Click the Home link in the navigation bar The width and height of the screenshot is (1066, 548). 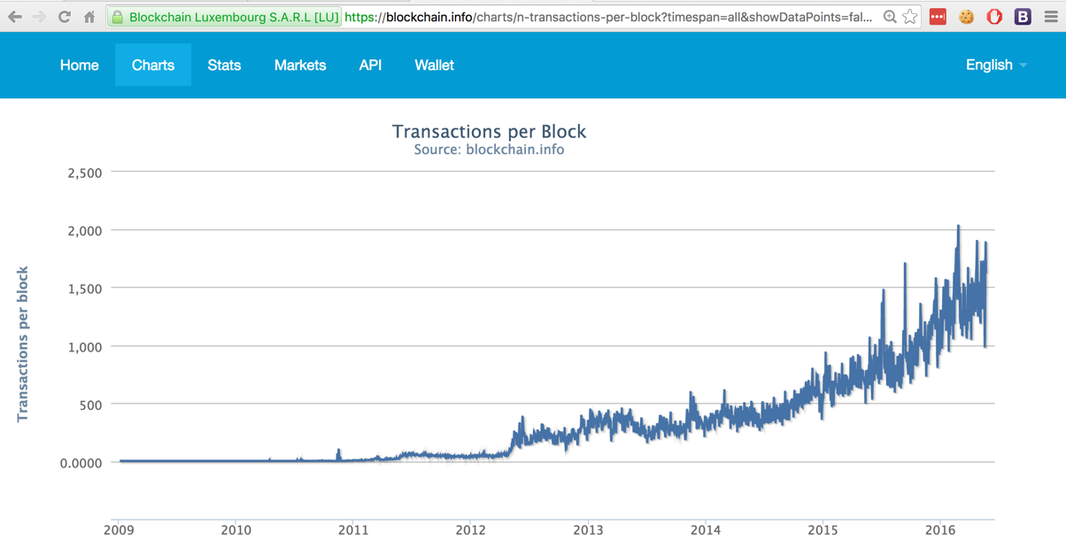[79, 66]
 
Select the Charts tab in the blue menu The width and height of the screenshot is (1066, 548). [153, 66]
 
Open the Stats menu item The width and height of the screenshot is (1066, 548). [224, 66]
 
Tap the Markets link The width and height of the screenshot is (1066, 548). [300, 66]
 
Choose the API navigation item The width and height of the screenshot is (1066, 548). [370, 66]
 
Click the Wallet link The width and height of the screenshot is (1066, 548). [434, 66]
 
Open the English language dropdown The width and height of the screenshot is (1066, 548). [996, 66]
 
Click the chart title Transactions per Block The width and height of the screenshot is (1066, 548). [489, 132]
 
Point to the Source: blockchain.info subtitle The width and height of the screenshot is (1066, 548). [489, 150]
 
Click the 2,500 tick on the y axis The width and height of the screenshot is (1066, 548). [85, 173]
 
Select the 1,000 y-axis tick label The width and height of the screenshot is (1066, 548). [85, 347]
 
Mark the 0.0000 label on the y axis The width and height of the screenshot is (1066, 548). [81, 463]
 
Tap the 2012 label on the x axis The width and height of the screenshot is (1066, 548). [470, 530]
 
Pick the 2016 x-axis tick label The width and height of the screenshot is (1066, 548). [939, 530]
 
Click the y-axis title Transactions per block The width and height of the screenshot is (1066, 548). [23, 343]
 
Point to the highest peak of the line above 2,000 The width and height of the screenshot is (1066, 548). [958, 227]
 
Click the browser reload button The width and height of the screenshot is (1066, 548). [65, 17]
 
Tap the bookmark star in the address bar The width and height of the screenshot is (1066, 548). [910, 17]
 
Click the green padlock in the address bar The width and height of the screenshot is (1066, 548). [117, 17]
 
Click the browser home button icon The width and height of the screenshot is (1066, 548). [89, 17]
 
